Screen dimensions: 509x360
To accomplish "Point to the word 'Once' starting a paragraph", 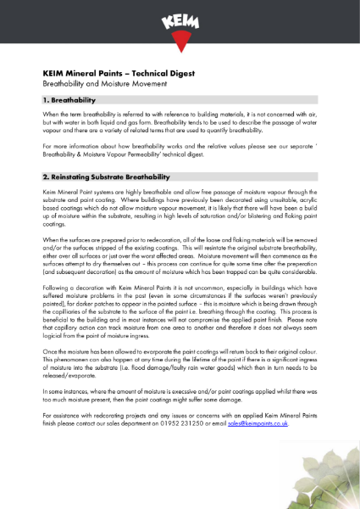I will click(x=50, y=350).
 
